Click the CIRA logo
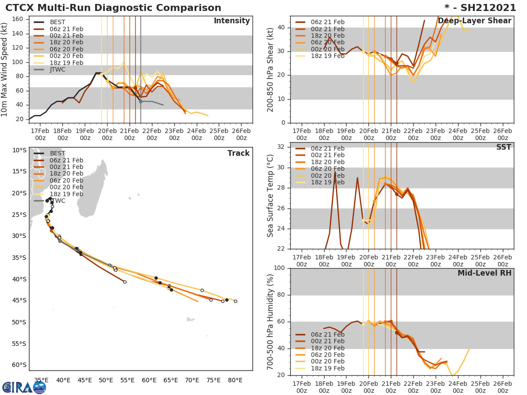(24, 387)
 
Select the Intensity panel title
(231, 21)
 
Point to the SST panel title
(503, 147)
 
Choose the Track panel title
(238, 153)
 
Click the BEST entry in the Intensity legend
(58, 22)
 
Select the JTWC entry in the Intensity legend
(58, 70)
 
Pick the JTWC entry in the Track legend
(58, 201)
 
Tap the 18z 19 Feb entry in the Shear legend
(327, 56)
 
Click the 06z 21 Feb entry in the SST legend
(327, 148)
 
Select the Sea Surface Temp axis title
(271, 196)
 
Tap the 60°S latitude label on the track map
(19, 365)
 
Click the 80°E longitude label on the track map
(235, 380)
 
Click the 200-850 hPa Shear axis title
(271, 69)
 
